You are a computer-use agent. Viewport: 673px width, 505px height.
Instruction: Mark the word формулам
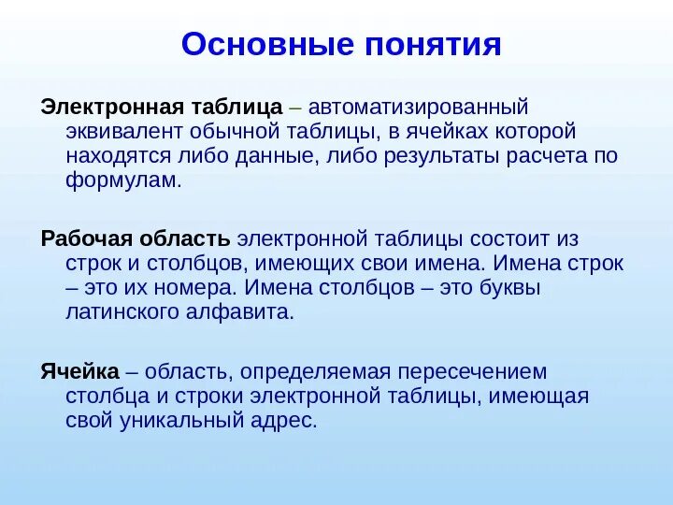click(122, 180)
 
